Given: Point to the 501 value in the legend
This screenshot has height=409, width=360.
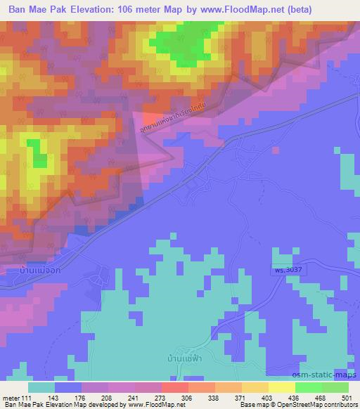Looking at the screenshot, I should pyautogui.click(x=345, y=398).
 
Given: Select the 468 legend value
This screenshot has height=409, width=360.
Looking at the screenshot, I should pyautogui.click(x=320, y=398).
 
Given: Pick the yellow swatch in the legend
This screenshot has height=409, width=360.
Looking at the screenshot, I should pyautogui.click(x=281, y=387).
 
